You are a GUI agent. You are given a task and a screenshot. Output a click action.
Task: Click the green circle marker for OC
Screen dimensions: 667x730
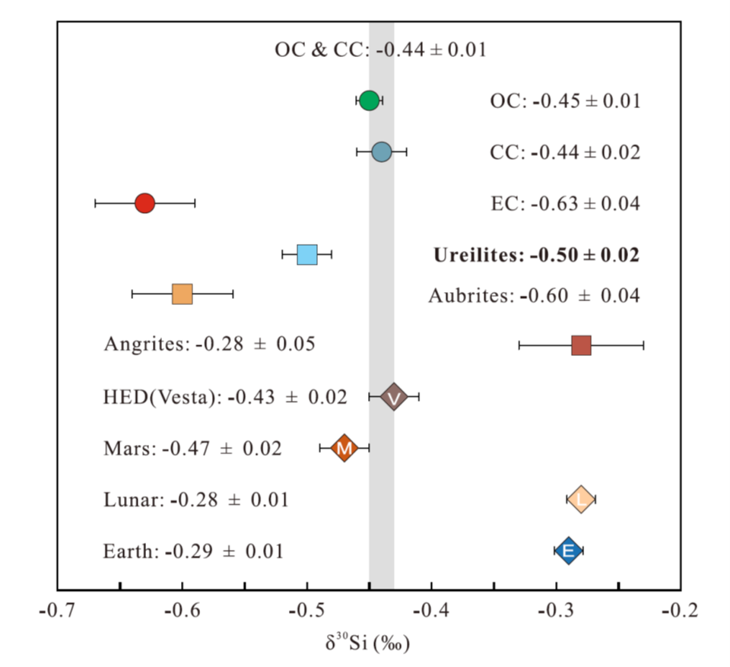(369, 100)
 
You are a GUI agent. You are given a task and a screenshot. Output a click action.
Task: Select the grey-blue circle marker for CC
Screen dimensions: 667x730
(382, 152)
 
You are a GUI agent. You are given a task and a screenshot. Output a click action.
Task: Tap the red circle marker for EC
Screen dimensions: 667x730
(144, 203)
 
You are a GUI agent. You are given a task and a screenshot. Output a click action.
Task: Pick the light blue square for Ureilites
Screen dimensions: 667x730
(307, 255)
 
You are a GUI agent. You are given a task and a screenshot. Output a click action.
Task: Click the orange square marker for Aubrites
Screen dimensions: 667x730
(182, 294)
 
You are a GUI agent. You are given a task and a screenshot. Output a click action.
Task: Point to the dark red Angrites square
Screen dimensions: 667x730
(581, 345)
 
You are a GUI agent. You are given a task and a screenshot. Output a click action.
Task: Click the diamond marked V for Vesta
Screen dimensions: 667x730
(394, 397)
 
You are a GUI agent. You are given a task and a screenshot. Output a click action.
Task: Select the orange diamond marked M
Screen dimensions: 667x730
(344, 449)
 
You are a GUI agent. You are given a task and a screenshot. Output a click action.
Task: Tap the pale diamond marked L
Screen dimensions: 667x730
(581, 500)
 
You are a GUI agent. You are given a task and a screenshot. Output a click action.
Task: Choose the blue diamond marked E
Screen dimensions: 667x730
(568, 551)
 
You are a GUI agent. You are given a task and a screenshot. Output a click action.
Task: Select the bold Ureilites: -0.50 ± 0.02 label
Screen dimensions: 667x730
(536, 256)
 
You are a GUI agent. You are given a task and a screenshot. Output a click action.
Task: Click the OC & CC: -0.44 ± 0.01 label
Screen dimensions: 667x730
(380, 51)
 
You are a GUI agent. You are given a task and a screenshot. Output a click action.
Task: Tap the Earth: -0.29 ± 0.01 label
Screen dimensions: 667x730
(193, 551)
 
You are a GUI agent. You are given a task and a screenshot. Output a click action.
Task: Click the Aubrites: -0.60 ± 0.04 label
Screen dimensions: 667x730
(534, 295)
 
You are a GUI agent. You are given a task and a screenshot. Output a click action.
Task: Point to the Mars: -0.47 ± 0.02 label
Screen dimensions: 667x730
(192, 449)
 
